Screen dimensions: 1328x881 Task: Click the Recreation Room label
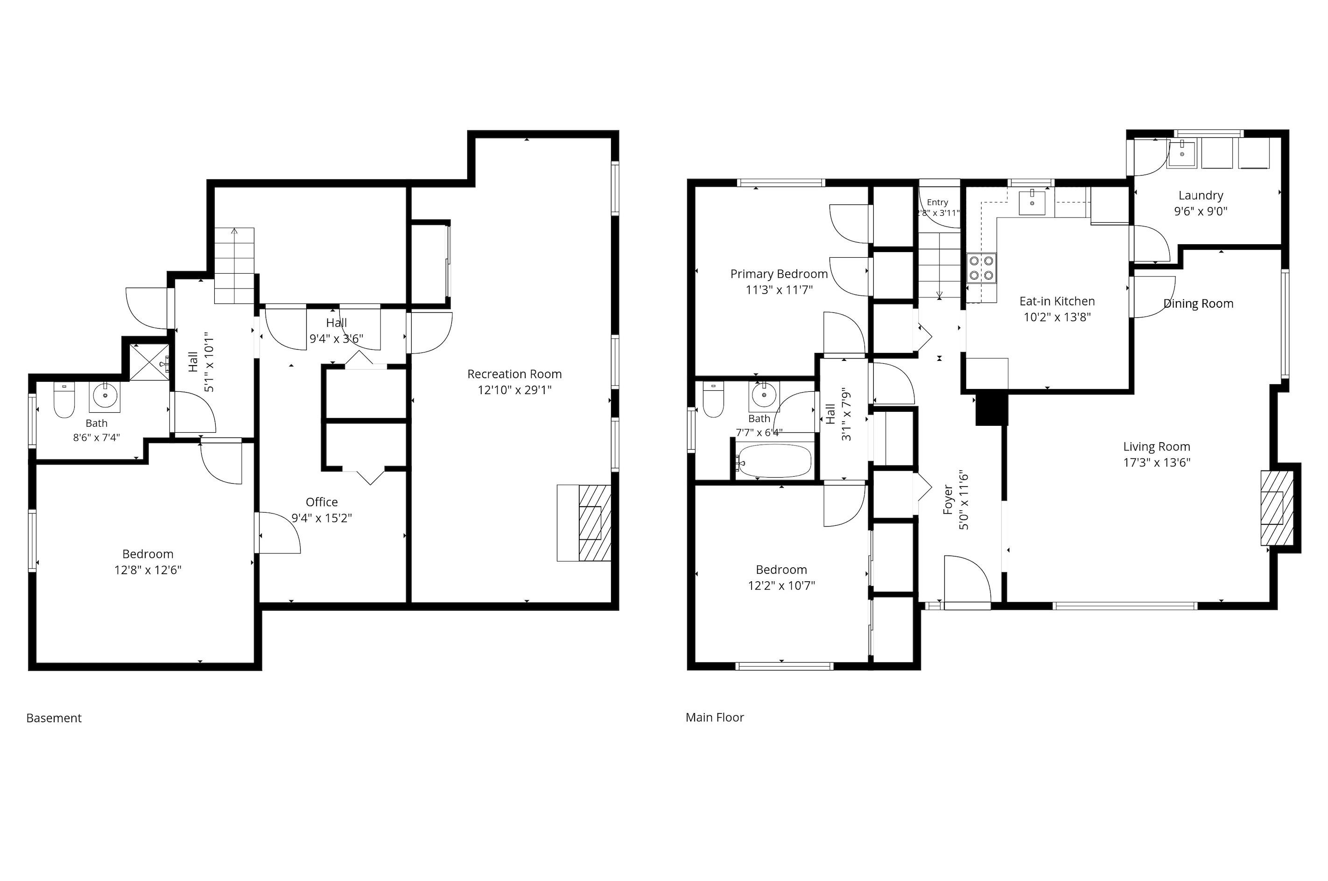[514, 374]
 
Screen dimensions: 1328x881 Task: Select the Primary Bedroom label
[779, 274]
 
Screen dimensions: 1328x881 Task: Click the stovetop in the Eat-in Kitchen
[981, 268]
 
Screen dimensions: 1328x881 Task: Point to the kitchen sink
[1033, 202]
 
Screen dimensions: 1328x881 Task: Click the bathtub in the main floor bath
[775, 461]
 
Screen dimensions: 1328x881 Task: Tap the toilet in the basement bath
[64, 400]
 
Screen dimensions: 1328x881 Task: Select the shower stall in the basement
[149, 362]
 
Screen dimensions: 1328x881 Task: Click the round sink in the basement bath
[105, 396]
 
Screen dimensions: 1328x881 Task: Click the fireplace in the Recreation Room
[594, 523]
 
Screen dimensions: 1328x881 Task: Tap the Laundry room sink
[1181, 155]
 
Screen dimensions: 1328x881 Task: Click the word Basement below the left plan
[54, 718]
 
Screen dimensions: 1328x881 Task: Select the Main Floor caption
[715, 718]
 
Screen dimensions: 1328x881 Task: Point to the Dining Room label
[1198, 304]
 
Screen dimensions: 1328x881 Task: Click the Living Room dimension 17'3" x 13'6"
[1157, 462]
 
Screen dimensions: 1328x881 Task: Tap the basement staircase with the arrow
[234, 265]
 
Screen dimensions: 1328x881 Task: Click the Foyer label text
[948, 500]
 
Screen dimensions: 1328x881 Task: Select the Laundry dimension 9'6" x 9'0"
[1201, 211]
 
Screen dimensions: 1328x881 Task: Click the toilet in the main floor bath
[713, 400]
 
